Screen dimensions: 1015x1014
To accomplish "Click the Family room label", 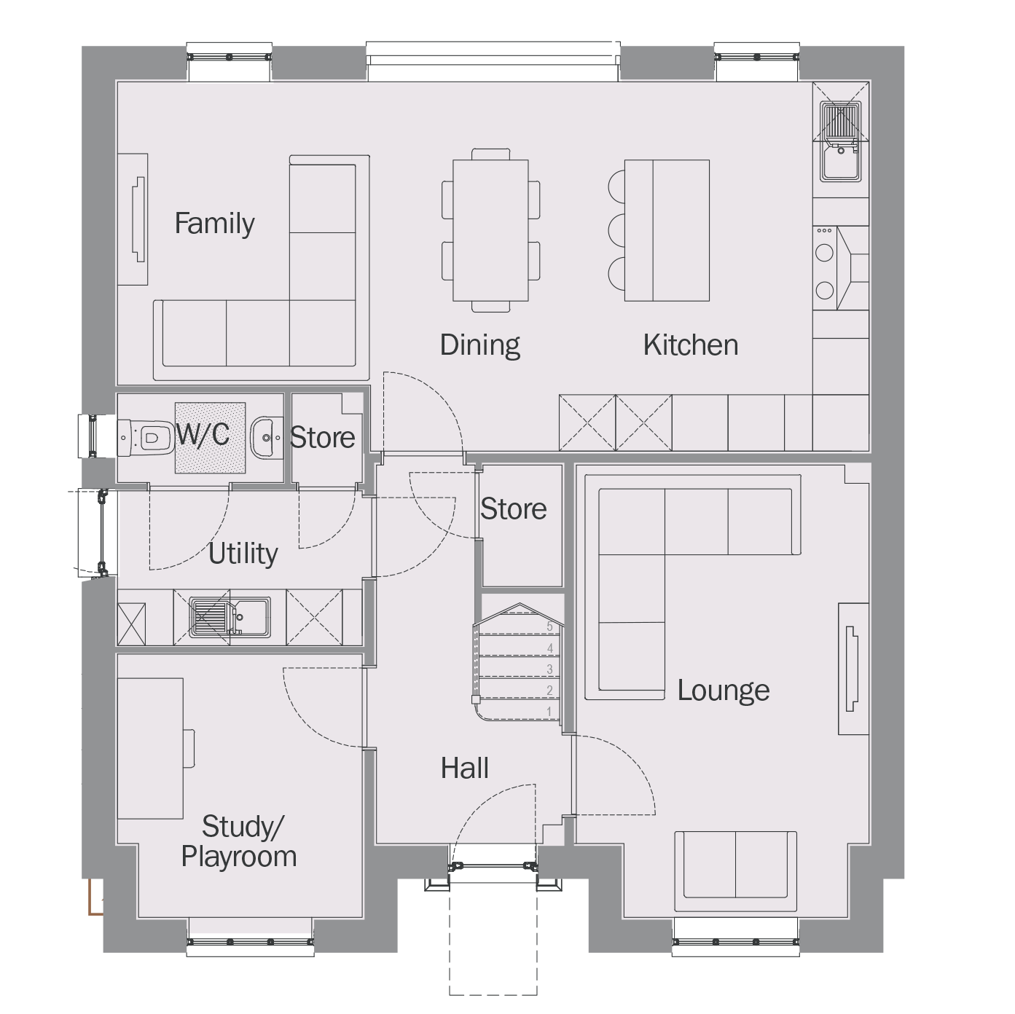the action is point(214,224).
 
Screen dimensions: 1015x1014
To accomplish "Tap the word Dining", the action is point(480,345).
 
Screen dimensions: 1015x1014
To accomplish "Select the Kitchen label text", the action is point(691,345).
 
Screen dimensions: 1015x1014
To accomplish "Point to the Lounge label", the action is point(724,691).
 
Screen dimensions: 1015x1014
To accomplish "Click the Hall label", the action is point(465,768).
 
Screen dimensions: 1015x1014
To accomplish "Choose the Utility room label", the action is point(243,554).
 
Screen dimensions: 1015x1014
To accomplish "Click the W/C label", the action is point(203,434).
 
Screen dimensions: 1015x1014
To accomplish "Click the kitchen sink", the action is point(841,142).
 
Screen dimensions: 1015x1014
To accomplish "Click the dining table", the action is point(490,231).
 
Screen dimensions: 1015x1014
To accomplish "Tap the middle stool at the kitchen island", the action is point(616,230).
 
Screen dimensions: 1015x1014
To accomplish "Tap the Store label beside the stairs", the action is point(514,509).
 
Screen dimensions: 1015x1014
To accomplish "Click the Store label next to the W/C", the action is point(322,438).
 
